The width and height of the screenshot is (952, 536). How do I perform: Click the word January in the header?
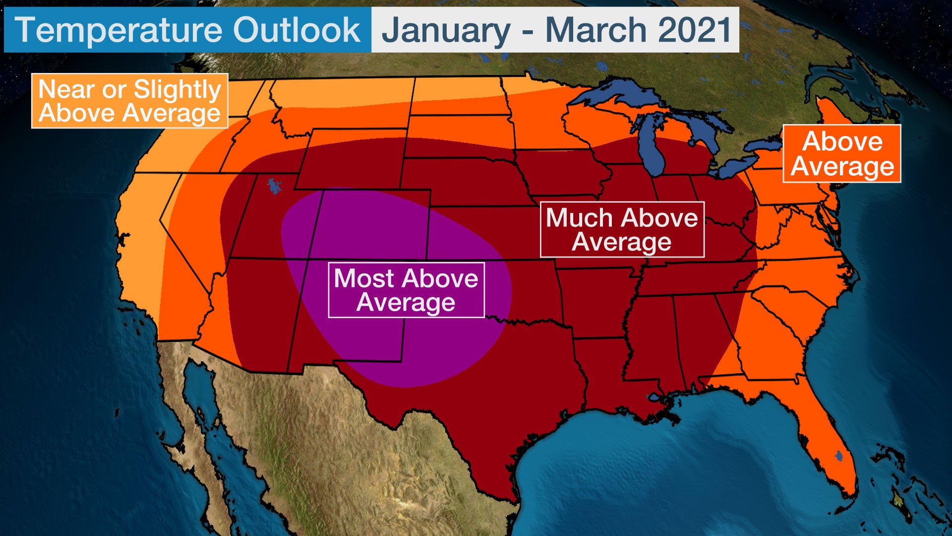click(x=446, y=30)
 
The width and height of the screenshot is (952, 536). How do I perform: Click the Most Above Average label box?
click(x=406, y=290)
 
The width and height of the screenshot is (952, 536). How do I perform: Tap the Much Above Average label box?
click(x=622, y=229)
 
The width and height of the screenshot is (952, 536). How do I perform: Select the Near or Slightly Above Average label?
click(x=129, y=101)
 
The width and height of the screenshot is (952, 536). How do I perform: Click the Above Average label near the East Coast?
click(x=841, y=153)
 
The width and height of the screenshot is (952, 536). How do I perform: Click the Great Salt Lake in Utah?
click(x=274, y=186)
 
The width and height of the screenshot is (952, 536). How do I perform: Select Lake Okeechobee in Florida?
click(x=838, y=455)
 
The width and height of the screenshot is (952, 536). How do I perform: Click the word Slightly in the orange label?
click(x=177, y=90)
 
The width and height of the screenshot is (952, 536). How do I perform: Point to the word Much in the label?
click(x=579, y=218)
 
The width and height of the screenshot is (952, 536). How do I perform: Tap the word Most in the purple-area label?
click(x=363, y=278)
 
